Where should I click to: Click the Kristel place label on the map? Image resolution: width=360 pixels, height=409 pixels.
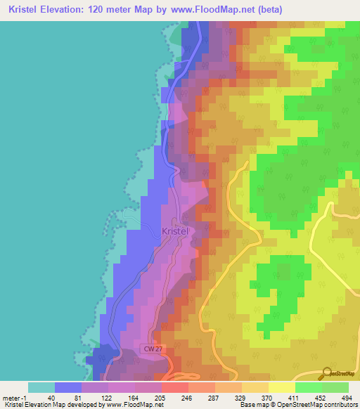tap(175, 231)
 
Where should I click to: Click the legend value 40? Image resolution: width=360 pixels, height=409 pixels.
tap(53, 397)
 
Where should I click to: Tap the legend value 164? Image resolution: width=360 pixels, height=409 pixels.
tap(133, 397)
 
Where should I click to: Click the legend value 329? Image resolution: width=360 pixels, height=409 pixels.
tap(240, 397)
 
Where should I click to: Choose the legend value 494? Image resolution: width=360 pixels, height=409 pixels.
tap(346, 397)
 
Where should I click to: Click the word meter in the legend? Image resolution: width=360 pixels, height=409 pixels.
tap(12, 397)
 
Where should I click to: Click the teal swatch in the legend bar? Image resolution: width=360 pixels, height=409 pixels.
tap(41, 387)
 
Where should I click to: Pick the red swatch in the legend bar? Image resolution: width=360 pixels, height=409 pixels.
tap(175, 387)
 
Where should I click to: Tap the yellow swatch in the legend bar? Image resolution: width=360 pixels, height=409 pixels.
tap(281, 387)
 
